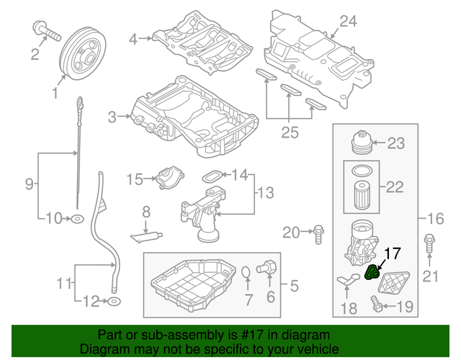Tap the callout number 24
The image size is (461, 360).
[x=348, y=22]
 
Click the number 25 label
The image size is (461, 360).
[x=289, y=132]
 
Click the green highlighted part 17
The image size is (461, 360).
[x=373, y=273]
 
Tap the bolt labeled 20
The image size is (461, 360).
[x=317, y=231]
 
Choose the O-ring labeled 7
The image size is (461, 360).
[x=246, y=271]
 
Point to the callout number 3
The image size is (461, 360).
[x=112, y=117]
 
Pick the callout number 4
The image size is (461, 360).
[x=133, y=39]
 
